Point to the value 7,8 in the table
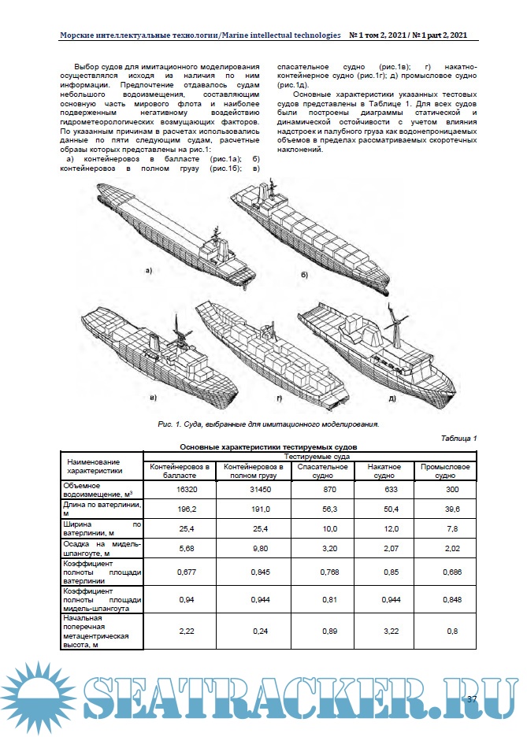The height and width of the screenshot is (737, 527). [445, 528]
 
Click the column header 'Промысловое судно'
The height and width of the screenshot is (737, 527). [445, 471]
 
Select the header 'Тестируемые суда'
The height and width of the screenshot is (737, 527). [308, 456]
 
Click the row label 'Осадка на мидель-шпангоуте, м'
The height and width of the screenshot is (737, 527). [102, 549]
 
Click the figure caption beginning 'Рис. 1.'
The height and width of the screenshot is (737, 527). [269, 424]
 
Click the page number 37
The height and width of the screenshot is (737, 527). [472, 700]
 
